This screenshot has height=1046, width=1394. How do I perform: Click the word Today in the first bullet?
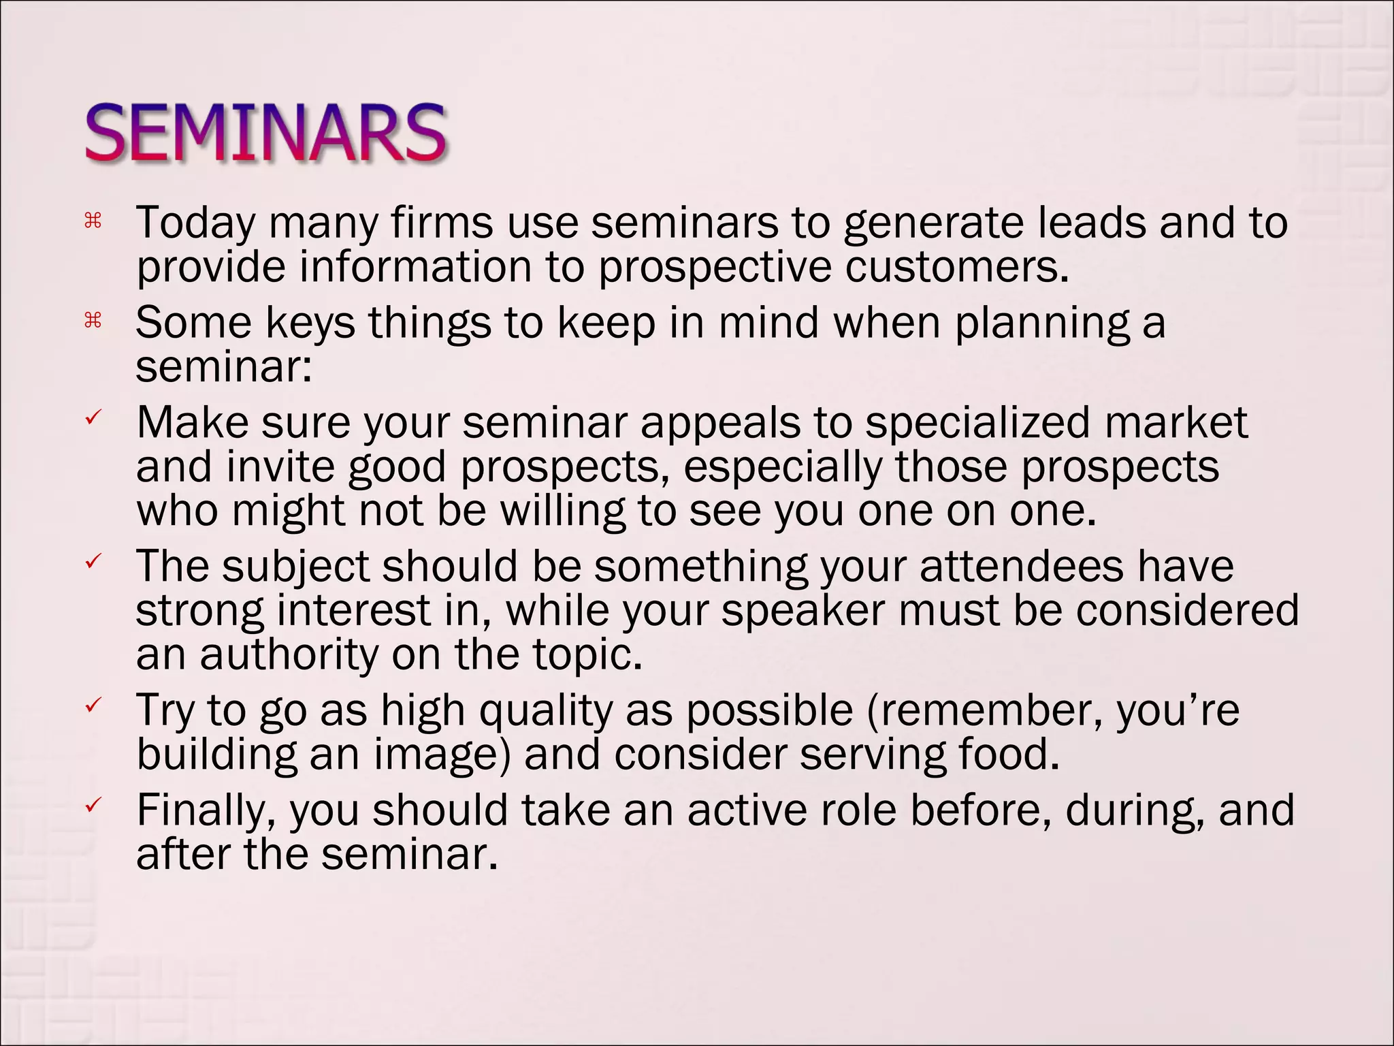[195, 224]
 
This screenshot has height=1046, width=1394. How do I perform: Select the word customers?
[957, 267]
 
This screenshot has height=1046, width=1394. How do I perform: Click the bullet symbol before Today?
[93, 220]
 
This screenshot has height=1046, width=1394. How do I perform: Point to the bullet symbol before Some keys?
[93, 319]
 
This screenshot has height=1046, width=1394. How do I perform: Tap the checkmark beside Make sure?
[93, 417]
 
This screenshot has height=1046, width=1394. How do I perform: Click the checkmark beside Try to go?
[93, 705]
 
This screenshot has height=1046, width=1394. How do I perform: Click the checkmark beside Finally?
[93, 805]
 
